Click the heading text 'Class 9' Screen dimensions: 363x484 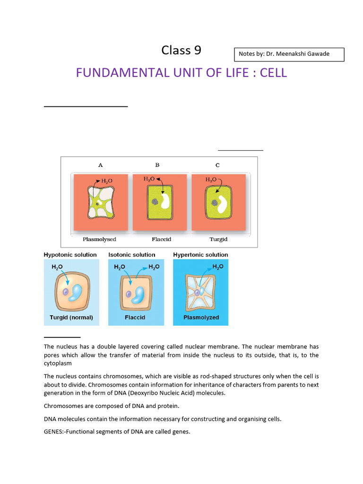[x=181, y=50]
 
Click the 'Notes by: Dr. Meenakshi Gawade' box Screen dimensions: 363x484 [x=289, y=54]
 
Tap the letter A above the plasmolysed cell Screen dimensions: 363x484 [x=100, y=165]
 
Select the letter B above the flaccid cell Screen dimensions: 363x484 [x=157, y=165]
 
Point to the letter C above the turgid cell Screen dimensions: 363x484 [x=217, y=165]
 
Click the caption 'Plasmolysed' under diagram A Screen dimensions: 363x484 [x=99, y=239]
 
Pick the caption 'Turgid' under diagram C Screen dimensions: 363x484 [x=218, y=239]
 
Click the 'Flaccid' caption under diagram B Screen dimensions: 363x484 [x=161, y=239]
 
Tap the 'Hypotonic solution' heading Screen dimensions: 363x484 [x=70, y=255]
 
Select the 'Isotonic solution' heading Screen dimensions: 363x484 [x=132, y=255]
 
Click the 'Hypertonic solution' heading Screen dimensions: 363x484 [x=200, y=255]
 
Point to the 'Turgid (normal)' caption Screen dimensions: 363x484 [x=71, y=317]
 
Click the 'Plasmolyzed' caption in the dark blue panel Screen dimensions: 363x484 [x=201, y=317]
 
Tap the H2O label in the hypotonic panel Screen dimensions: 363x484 [x=57, y=267]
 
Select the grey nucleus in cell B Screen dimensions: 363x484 [x=155, y=201]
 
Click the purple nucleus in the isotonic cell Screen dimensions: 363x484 [x=129, y=294]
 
